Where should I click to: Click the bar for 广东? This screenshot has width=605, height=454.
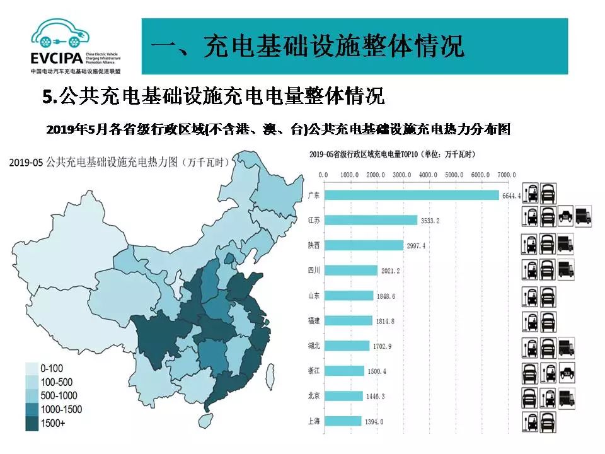[x=411, y=195]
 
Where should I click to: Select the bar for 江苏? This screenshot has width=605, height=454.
[x=371, y=220]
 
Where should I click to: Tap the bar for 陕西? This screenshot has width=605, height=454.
[x=363, y=245]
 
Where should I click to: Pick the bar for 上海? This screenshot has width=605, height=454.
[x=342, y=421]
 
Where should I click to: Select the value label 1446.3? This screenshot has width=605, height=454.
[x=376, y=397]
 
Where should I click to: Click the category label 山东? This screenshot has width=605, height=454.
[x=313, y=296]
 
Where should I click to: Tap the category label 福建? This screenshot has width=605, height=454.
[x=313, y=321]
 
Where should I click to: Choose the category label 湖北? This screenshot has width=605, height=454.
[x=313, y=346]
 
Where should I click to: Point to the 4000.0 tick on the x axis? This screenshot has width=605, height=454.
[x=427, y=175]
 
